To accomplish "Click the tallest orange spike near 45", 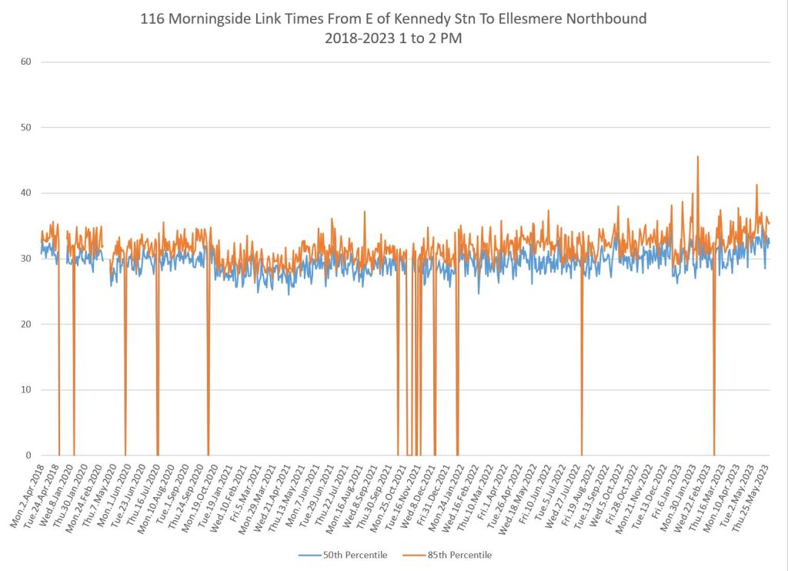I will [697, 157].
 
